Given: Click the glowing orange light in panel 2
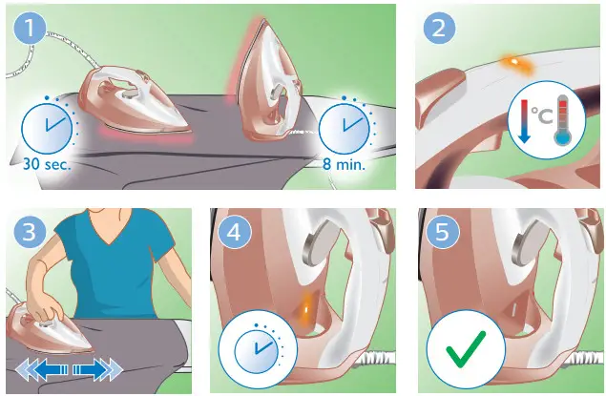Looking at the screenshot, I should (x=512, y=62).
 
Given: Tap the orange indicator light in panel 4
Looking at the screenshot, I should (x=307, y=306).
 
